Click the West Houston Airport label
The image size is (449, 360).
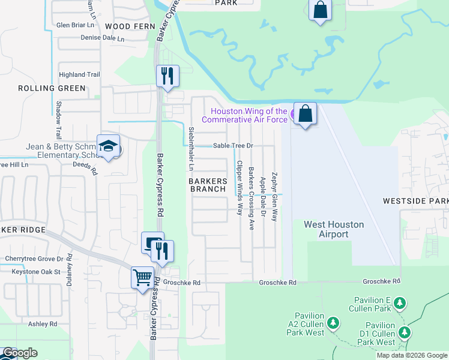tap(334, 229)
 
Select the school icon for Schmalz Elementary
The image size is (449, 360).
tap(109, 146)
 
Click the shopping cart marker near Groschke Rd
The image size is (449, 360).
tap(142, 278)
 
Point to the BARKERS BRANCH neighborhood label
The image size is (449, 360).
tap(208, 185)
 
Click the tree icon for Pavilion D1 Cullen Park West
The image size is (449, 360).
tap(405, 331)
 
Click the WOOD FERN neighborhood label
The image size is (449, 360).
tap(130, 27)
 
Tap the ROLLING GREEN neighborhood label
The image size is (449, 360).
tap(52, 88)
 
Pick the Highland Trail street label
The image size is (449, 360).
tap(79, 75)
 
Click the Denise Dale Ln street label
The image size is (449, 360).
tap(103, 38)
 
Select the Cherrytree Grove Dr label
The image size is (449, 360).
tap(34, 259)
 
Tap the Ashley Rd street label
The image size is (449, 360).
tap(42, 324)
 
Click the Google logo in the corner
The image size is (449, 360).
tap(20, 353)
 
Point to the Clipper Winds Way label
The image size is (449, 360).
tap(240, 188)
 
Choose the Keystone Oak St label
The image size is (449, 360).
tap(36, 272)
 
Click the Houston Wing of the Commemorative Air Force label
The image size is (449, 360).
tap(244, 115)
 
